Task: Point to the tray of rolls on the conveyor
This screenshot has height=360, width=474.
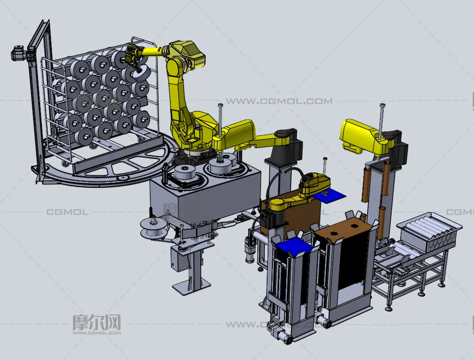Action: pos(429,232)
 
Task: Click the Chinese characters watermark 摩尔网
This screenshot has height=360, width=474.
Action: pos(97,322)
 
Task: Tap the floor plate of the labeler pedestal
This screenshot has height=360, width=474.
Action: pos(191,284)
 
